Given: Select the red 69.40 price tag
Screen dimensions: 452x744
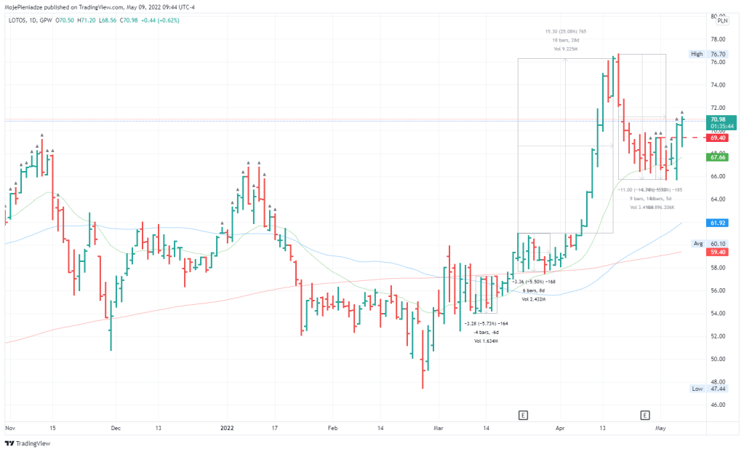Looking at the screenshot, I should (718, 138).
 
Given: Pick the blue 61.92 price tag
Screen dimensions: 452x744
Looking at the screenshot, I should (718, 223).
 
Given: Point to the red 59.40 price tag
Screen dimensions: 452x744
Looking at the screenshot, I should (718, 252).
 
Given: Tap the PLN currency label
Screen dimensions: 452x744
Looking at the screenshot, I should (722, 20).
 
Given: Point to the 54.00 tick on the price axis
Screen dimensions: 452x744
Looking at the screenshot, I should (717, 314).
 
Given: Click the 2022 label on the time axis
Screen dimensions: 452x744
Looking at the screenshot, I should (226, 429).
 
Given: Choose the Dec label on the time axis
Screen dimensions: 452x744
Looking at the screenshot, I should (116, 429).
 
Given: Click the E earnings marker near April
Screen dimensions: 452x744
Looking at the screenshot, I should (522, 415).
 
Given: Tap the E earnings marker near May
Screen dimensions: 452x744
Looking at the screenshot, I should (644, 415).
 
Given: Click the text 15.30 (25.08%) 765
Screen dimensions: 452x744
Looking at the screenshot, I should (564, 31).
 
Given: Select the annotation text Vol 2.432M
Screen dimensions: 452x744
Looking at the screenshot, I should (533, 299).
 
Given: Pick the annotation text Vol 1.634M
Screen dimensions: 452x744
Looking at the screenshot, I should (486, 341).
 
